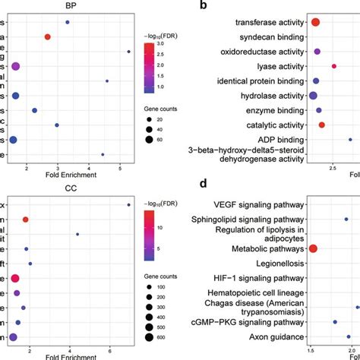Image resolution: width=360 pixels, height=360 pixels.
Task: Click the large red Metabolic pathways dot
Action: [313, 248]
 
